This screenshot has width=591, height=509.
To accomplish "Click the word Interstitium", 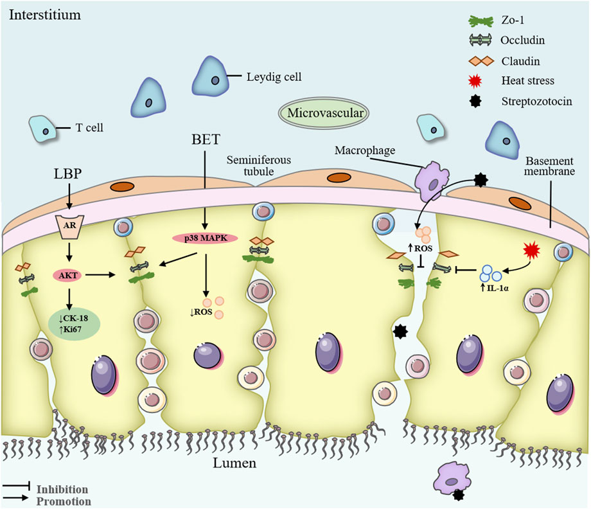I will coord(45,14).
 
